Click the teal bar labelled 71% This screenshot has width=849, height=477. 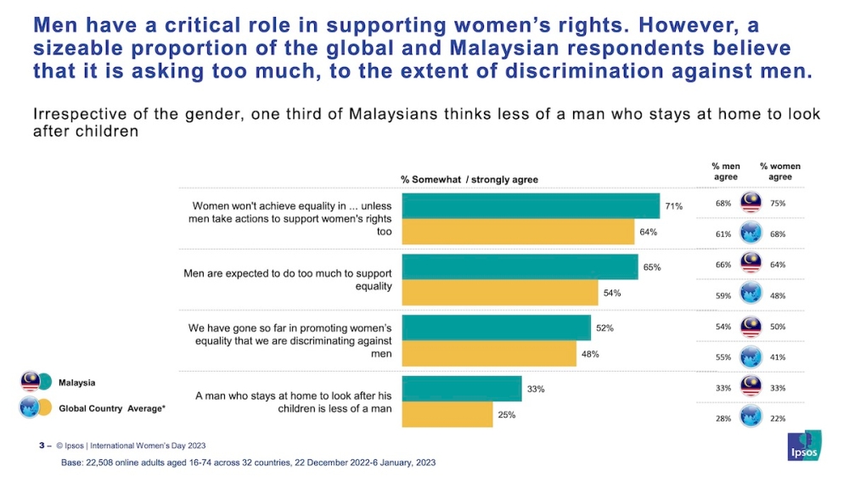coord(531,206)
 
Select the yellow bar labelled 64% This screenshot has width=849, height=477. coord(518,232)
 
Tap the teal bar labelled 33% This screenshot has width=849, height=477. coord(461,389)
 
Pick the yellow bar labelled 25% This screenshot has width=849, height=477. coord(447,414)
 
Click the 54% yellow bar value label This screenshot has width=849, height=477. coord(612,293)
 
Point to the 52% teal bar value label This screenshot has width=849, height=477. coord(604,328)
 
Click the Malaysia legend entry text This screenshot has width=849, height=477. coord(76,383)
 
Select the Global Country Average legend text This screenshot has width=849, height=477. coord(111,408)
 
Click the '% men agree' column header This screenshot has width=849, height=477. coord(725,171)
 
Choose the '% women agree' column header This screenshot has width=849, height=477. coord(779,171)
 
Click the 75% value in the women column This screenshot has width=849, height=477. coord(778,203)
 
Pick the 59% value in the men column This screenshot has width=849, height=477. coord(723,296)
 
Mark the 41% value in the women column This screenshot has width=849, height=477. coord(778,358)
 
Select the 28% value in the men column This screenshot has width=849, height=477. coord(723,418)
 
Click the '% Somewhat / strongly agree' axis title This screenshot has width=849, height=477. coord(469,179)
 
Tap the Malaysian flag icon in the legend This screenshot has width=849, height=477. coord(31,382)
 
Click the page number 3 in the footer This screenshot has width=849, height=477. coord(41,446)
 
